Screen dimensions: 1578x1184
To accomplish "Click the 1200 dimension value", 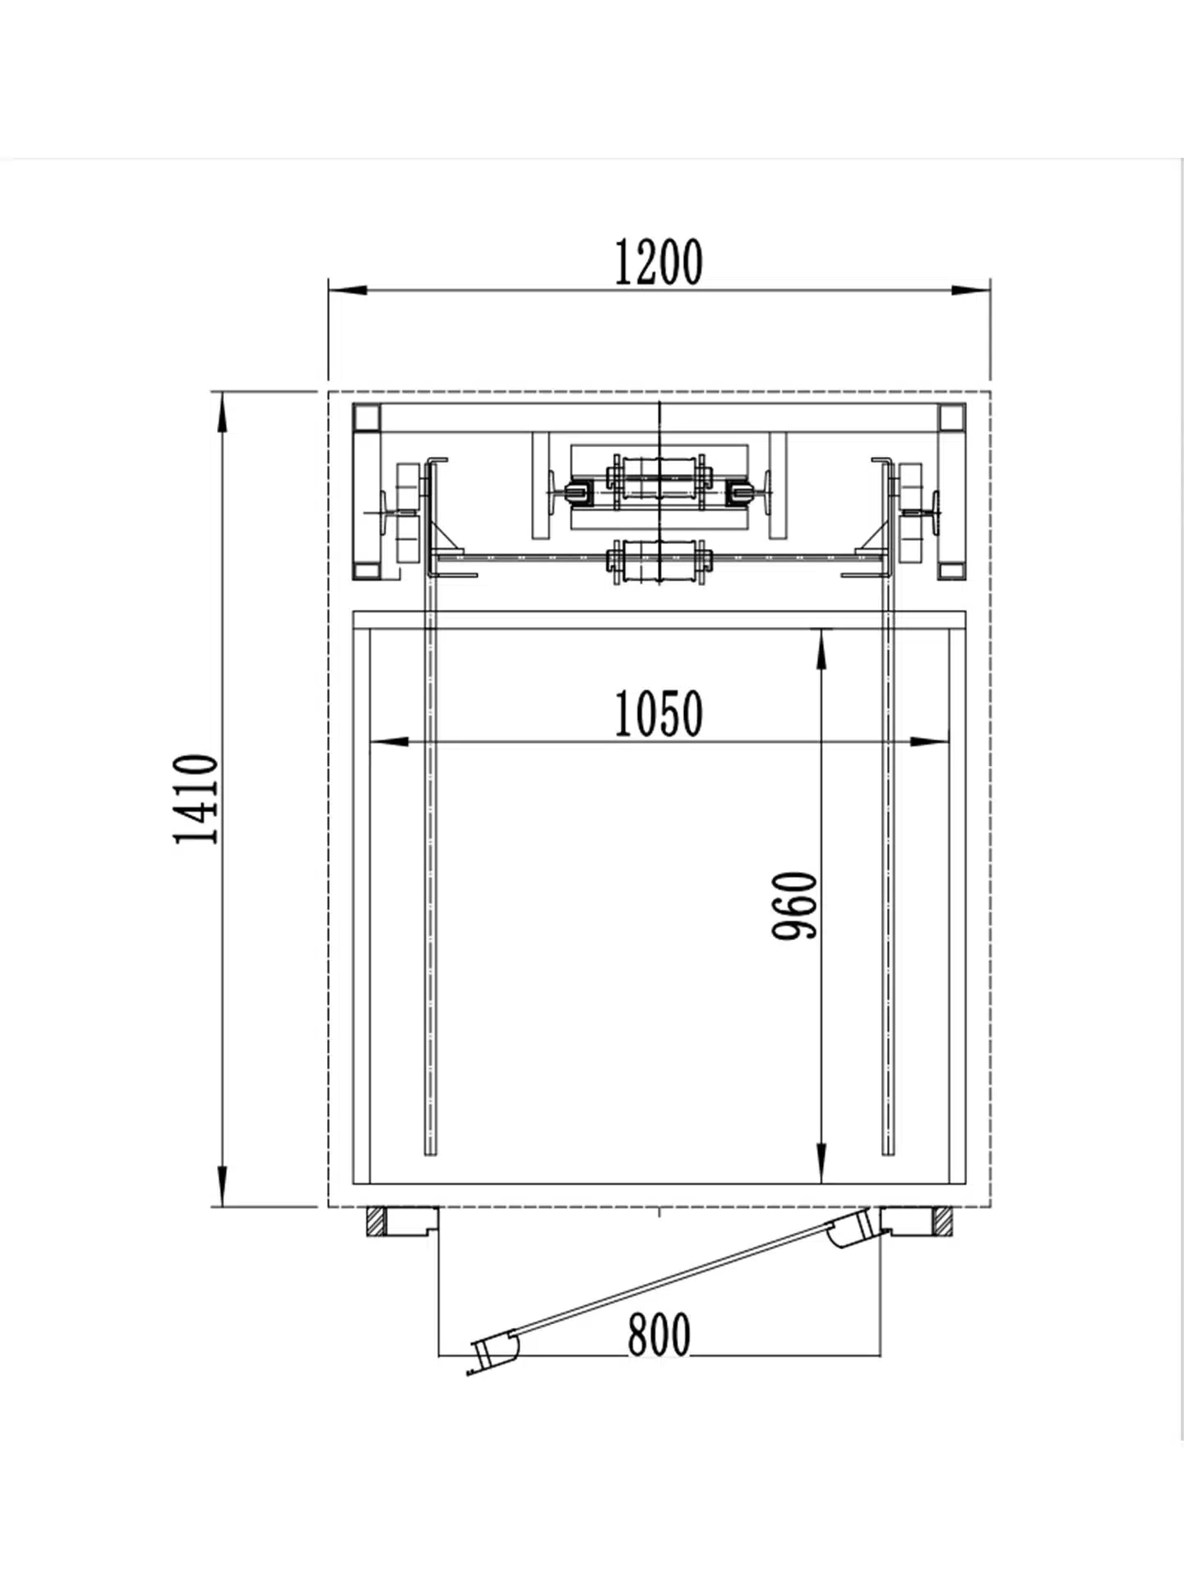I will [659, 263].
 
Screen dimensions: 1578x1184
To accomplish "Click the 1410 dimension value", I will [197, 799].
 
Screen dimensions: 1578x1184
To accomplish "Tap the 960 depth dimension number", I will [795, 905].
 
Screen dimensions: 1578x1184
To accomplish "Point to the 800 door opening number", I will [659, 1335].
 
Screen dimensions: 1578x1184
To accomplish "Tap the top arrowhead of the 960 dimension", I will [821, 649].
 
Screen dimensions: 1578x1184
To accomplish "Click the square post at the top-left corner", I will [366, 418].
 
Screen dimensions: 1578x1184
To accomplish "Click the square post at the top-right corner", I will [952, 418].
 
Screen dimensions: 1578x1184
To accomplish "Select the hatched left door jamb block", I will [374, 1221].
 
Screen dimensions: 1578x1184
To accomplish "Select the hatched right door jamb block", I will [943, 1221].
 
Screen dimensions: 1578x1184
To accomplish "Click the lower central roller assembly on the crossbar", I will [659, 561].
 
